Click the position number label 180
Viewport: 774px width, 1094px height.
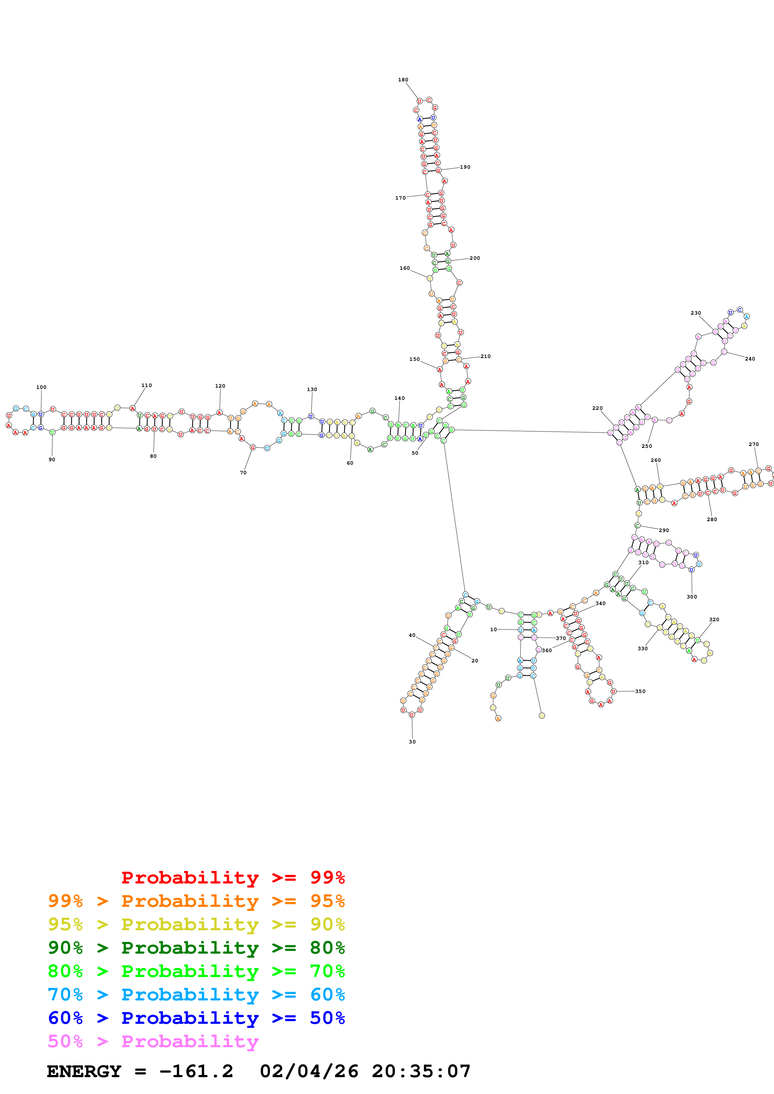pos(403,80)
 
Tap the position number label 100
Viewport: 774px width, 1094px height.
pos(42,387)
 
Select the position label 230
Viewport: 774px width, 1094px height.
pos(696,313)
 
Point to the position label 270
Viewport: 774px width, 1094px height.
pos(753,444)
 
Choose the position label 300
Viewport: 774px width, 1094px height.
pos(692,597)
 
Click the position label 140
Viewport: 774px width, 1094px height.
pos(400,398)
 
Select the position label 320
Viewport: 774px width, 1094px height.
pos(714,619)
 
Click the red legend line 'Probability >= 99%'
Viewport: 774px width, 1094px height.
pos(233,878)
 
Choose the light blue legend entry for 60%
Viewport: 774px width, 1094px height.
pos(196,995)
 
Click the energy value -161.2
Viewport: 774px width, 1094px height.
pos(196,1072)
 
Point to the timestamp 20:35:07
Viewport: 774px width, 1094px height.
pos(421,1072)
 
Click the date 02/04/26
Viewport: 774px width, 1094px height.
pos(309,1072)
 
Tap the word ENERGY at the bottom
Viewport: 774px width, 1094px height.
pos(84,1072)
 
